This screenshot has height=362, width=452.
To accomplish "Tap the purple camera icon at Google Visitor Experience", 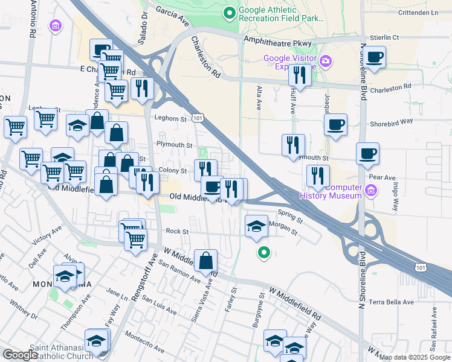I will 326,61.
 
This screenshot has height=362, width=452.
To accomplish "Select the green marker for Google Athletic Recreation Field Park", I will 229,12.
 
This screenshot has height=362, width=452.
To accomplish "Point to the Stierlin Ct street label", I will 387,37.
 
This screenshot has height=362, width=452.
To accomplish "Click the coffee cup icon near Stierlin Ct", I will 375,57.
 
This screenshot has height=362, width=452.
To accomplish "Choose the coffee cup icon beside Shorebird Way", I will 335,125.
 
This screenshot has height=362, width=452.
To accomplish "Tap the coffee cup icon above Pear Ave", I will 367,154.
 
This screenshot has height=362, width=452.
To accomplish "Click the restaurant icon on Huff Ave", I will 299,75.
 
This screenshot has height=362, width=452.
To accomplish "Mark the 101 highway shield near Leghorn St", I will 197,116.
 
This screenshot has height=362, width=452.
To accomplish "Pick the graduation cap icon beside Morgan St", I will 256,226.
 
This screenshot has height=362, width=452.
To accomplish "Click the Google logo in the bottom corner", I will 20,355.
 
